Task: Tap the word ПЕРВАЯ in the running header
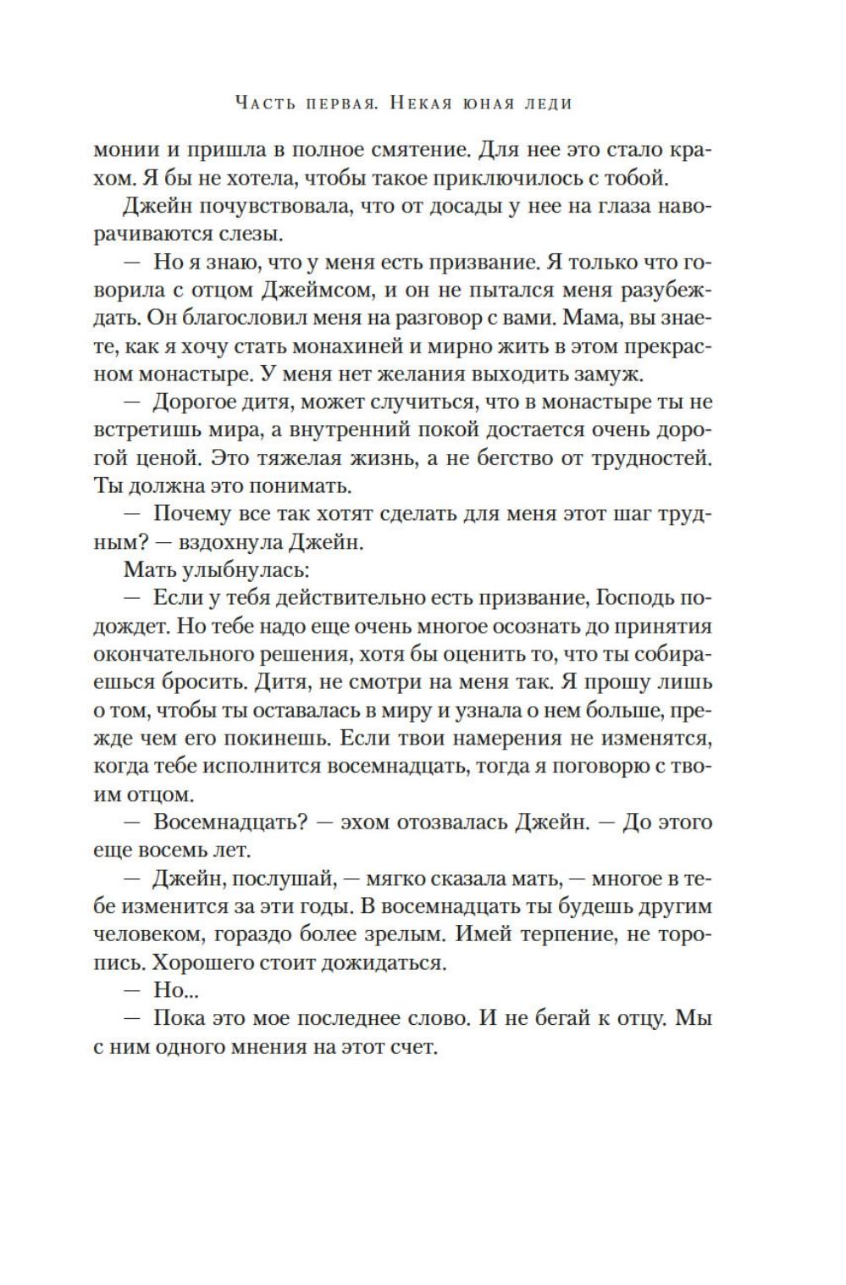pos(321,104)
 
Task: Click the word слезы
pos(281,235)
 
